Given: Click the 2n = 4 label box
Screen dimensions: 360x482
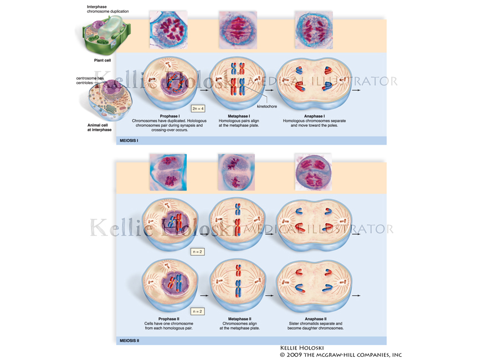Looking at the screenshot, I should coord(198,108).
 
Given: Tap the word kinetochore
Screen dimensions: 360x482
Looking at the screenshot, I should coord(266,106).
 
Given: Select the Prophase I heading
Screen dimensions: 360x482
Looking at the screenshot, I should coord(169,116).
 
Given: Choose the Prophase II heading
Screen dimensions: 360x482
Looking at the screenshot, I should coord(169,319).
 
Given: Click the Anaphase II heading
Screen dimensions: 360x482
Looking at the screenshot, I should coord(315,319).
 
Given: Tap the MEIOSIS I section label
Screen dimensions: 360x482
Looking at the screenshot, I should coord(129,141).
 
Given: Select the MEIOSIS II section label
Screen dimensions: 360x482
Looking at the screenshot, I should coord(130,341).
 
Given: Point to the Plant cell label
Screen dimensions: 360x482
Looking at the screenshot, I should coord(102,60).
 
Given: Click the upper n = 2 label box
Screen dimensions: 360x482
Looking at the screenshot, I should coord(197,251).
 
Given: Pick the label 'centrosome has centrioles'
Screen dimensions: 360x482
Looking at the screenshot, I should coord(90,80).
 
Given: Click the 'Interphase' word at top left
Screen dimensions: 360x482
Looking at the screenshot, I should coord(98,7).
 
